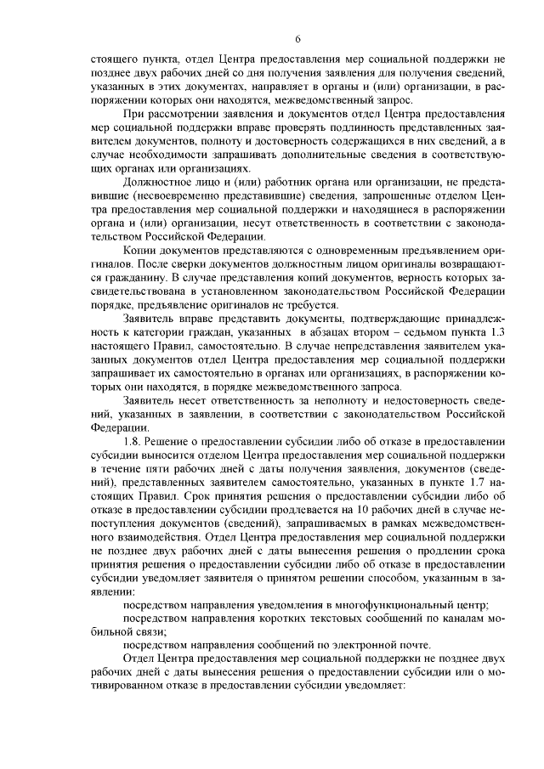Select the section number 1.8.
(x=134, y=443)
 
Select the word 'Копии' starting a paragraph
(x=139, y=252)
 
